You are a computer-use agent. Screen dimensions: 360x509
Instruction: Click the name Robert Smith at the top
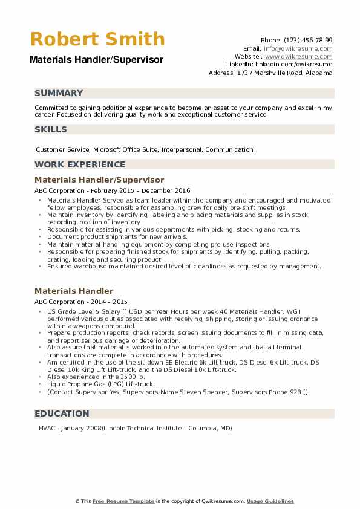(x=97, y=39)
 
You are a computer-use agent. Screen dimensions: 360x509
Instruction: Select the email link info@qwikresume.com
(x=298, y=48)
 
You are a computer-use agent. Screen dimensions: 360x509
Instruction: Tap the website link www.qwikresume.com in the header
(x=298, y=56)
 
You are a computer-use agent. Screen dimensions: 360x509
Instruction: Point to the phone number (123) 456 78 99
(x=309, y=41)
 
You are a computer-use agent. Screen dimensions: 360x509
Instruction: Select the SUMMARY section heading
(x=59, y=93)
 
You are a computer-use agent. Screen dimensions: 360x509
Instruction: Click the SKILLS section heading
(x=51, y=129)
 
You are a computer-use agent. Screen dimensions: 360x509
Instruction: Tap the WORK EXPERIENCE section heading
(x=80, y=164)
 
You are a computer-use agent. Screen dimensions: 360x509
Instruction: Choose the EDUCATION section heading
(x=62, y=413)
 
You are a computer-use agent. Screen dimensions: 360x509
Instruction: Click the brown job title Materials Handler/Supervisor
(x=99, y=180)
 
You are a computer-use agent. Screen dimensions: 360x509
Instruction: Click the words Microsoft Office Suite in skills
(x=127, y=149)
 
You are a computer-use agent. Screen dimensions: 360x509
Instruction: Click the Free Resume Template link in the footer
(x=123, y=501)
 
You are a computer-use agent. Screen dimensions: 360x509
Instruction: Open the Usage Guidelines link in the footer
(x=270, y=501)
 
